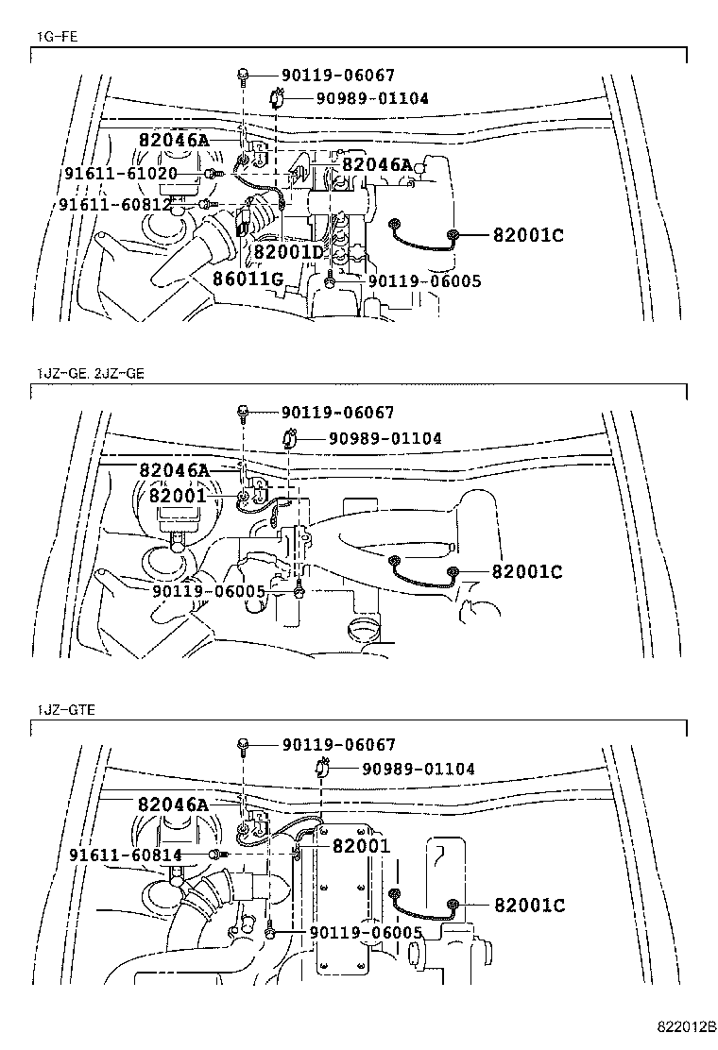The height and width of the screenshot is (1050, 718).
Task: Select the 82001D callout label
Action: coord(288,253)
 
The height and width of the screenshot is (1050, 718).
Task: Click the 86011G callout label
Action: coord(248,279)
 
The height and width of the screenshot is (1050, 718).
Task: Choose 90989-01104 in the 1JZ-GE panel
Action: coord(385,438)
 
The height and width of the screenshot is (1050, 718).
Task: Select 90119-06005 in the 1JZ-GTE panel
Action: coord(366,933)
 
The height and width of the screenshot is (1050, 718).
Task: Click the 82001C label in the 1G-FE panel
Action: coord(527,235)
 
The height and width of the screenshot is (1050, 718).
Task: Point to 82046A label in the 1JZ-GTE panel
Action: coord(172,804)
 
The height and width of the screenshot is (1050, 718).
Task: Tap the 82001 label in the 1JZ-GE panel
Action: coord(177,496)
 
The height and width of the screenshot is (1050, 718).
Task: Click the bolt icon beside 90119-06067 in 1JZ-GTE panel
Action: coord(244,745)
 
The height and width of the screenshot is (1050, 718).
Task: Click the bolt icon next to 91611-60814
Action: coord(217,855)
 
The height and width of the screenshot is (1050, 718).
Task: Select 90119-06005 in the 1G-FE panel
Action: coord(424,280)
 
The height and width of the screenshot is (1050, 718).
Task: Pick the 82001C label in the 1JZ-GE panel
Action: coord(526,571)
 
